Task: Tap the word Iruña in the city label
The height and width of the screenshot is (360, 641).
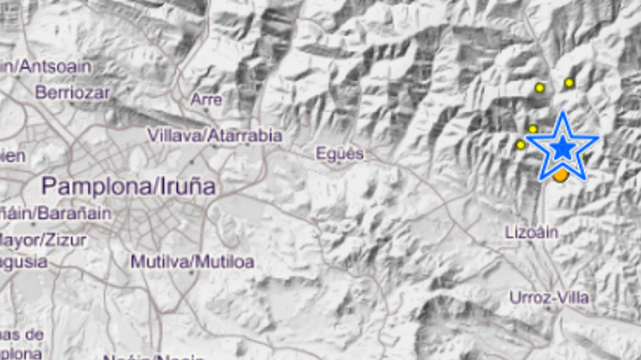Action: coord(184,186)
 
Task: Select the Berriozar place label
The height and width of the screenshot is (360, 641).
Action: coord(71,92)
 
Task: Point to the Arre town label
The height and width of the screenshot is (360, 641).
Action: coord(206,99)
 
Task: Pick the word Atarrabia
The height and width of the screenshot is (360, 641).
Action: coord(243,135)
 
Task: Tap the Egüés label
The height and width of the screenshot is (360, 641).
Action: coord(339,154)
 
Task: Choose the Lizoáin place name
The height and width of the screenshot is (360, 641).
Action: coord(531,232)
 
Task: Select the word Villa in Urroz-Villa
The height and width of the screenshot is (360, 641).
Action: coord(574,298)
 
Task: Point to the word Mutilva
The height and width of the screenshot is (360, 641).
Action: coord(160,262)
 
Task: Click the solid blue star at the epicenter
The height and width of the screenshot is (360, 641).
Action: coord(563,148)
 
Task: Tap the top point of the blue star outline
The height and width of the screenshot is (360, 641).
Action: coord(563,113)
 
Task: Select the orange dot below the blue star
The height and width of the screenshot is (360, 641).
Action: coord(561,176)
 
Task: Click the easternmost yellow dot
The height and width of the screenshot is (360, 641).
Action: coord(569,83)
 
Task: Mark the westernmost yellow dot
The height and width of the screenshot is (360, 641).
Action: coord(521,145)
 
